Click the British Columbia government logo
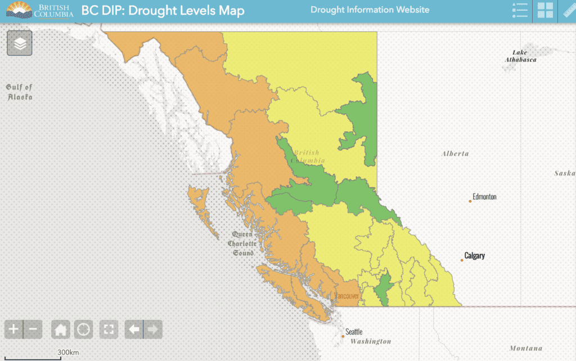(39, 10)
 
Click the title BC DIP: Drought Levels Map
(163, 11)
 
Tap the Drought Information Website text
(370, 10)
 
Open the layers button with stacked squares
(20, 43)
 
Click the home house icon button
(61, 329)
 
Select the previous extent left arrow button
(133, 329)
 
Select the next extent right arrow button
(153, 329)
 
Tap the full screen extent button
(109, 329)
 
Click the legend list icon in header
(520, 11)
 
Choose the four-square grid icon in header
(545, 11)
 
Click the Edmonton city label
(484, 197)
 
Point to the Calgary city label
(475, 256)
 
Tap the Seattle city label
(354, 332)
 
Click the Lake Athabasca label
(520, 56)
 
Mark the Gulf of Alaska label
(20, 92)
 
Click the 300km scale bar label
(67, 353)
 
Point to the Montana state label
(526, 348)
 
